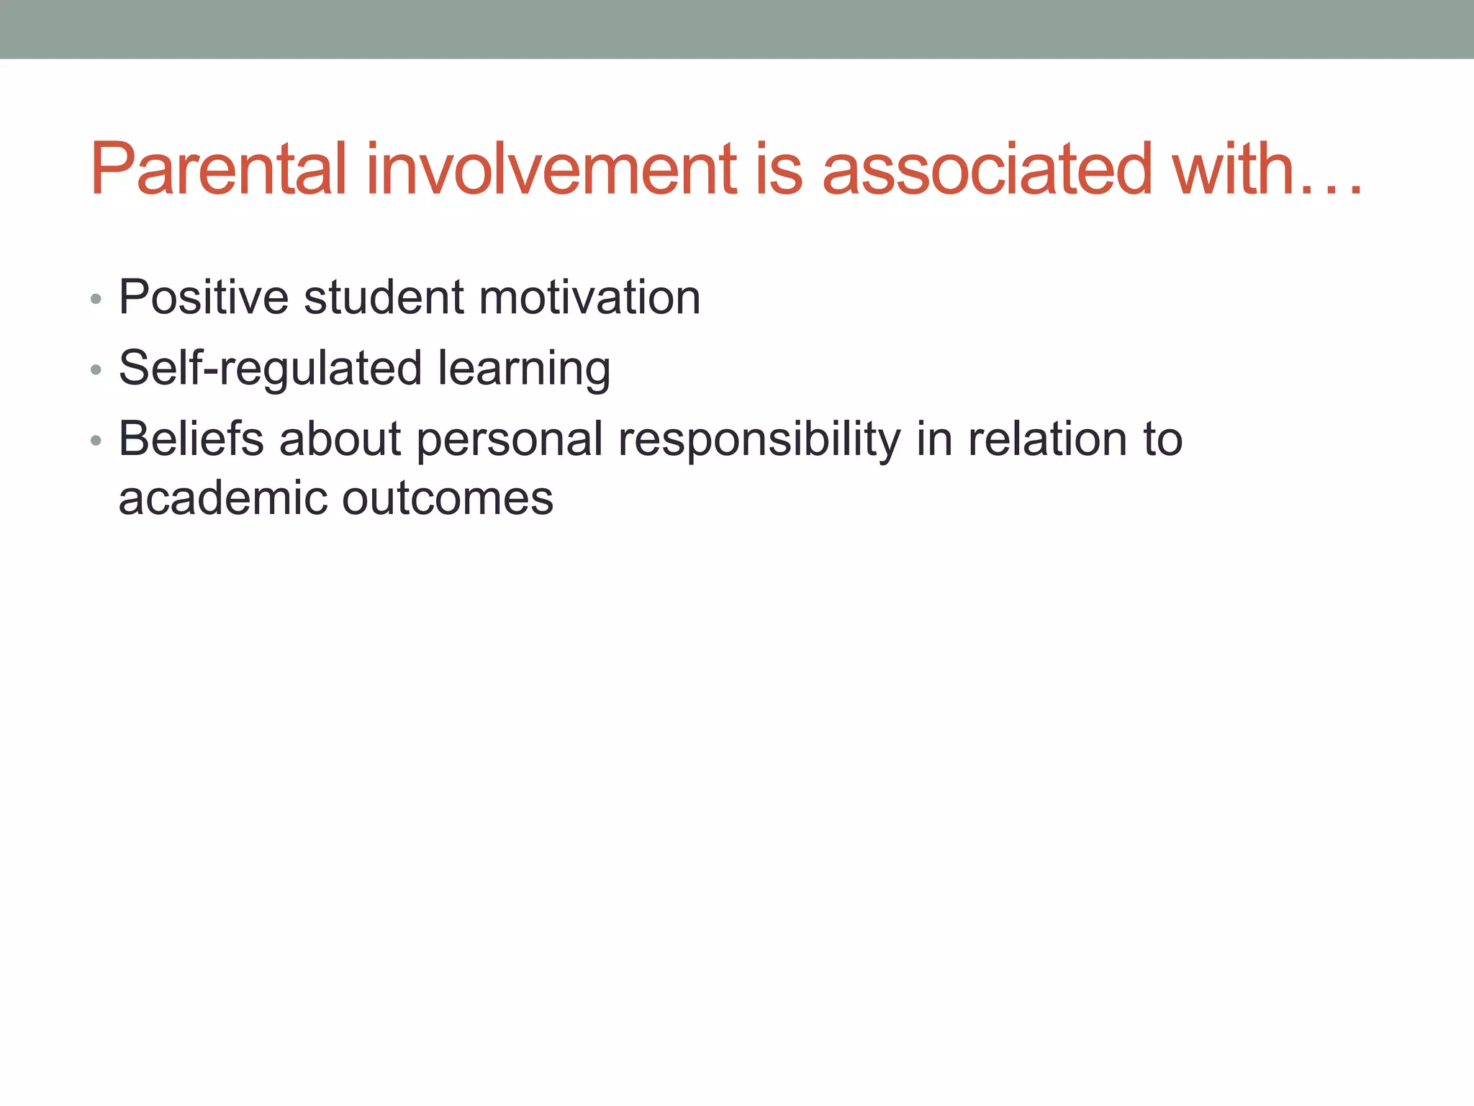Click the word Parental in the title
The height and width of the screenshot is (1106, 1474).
219,169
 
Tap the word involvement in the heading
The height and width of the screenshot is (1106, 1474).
551,169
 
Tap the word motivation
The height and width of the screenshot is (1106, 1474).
589,297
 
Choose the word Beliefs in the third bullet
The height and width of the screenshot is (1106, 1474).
191,439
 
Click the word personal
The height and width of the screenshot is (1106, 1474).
510,440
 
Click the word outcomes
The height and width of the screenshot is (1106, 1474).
448,498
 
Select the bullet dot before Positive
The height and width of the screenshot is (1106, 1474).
96,299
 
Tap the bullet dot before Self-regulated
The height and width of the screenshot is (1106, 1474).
96,369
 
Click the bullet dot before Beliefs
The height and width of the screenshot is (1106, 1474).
96,440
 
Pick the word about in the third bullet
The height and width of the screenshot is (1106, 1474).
340,439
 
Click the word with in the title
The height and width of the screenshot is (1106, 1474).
1233,169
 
